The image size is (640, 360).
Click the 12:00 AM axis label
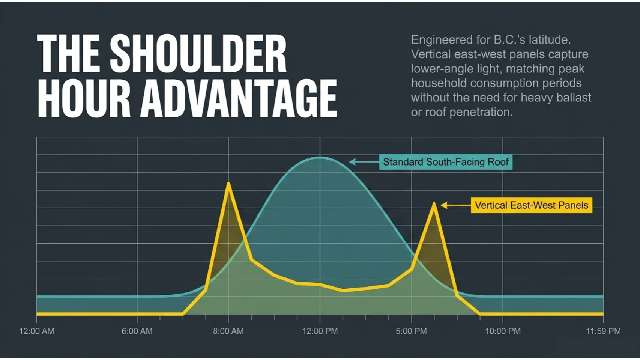pos(36,331)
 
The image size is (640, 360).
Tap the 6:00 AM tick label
pos(137,331)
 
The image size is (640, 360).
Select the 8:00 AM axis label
pos(228,331)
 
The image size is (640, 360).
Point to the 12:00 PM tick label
pos(320,331)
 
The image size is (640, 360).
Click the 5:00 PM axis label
pos(411,331)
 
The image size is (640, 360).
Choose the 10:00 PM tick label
pos(503,331)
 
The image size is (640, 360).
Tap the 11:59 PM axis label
pos(603,331)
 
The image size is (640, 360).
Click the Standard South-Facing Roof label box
pos(445,162)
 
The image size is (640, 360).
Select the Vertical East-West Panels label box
pos(531,205)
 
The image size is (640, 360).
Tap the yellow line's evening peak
pos(434,204)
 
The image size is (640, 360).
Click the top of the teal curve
pos(320,157)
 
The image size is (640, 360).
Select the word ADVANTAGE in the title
pos(240,98)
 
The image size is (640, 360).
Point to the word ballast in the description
pos(574,98)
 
